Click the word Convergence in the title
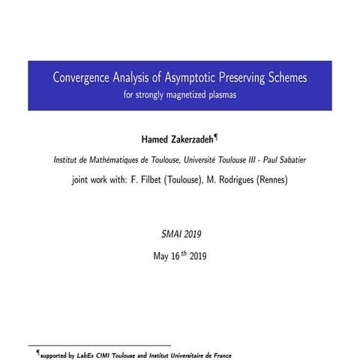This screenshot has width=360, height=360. point(81,78)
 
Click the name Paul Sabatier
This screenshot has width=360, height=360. point(285,160)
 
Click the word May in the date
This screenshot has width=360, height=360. point(161,256)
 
